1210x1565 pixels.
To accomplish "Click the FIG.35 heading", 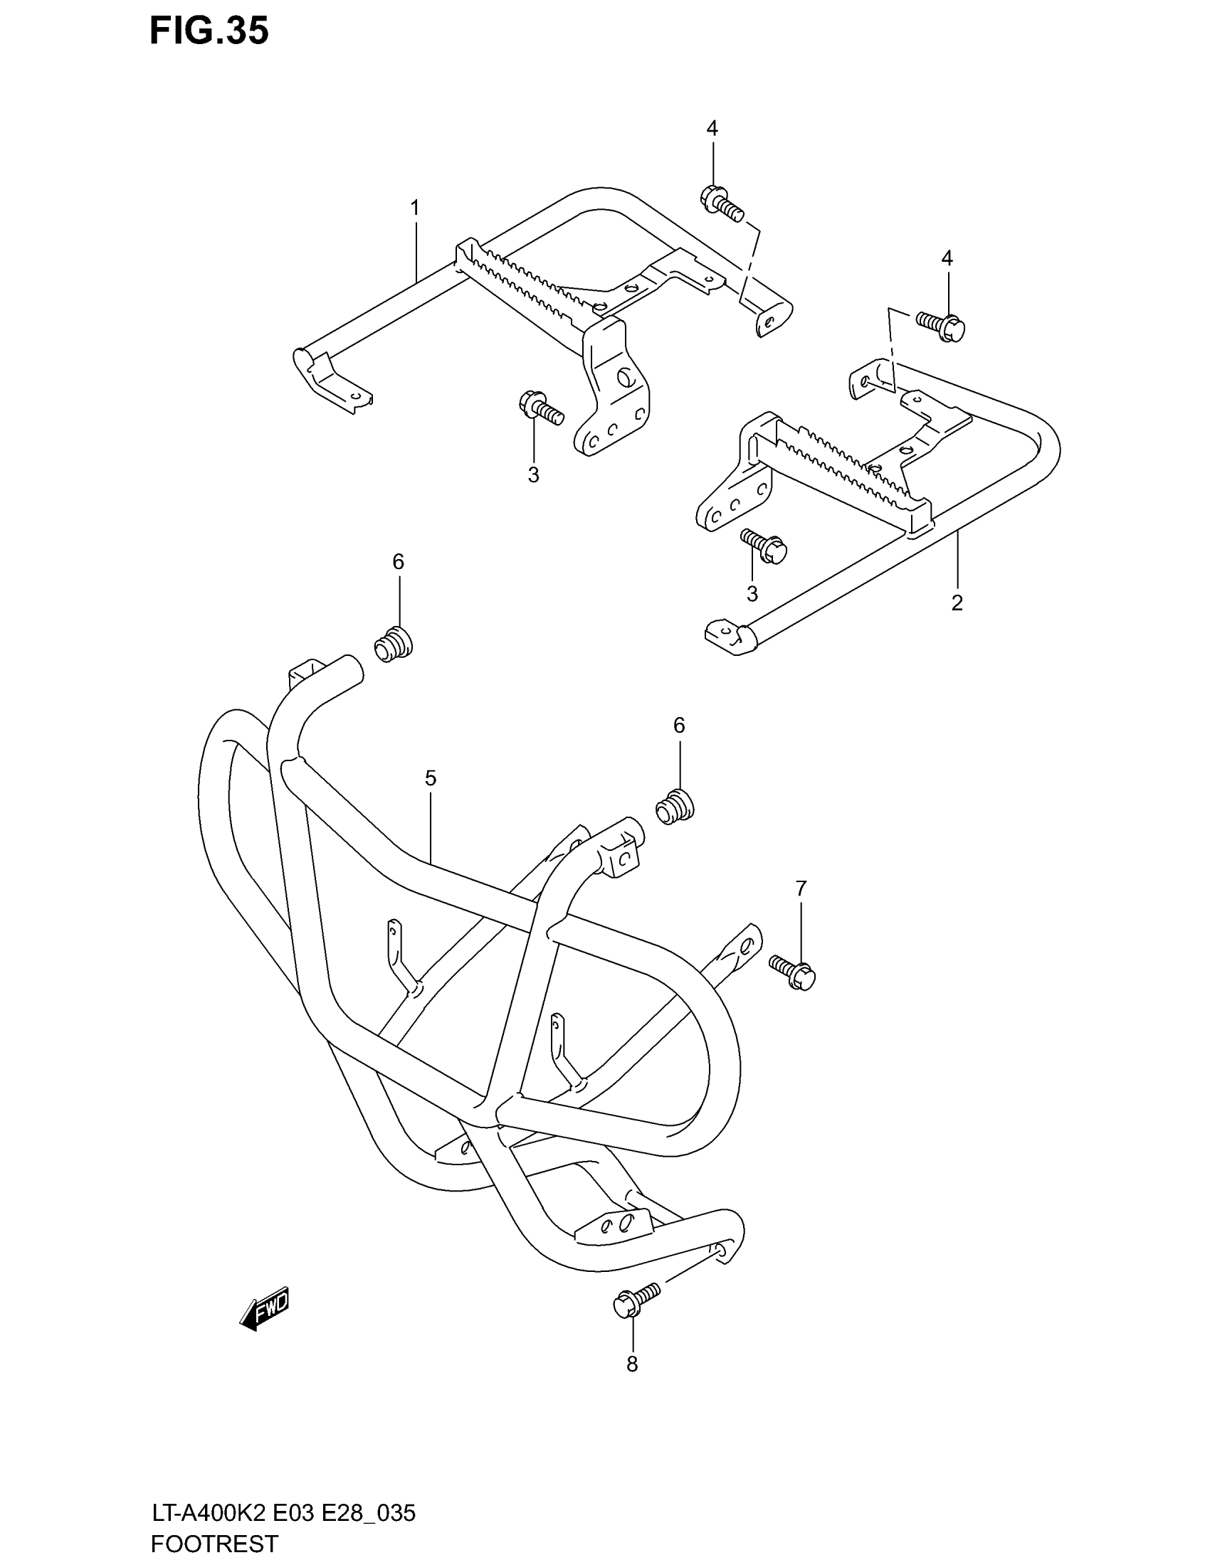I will pos(209,32).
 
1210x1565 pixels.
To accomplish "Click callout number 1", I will pos(415,208).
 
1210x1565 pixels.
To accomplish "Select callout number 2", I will pos(957,603).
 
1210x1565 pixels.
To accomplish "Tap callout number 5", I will pos(430,778).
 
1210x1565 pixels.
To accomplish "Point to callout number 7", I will pos(801,888).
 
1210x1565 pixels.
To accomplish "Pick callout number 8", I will pos(631,1364).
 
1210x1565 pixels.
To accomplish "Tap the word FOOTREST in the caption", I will pos(214,1544).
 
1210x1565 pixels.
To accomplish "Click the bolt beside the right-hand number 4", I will pos(941,327).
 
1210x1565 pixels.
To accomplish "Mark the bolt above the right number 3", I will pos(764,546).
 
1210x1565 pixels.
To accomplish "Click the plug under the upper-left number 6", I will pos(393,643).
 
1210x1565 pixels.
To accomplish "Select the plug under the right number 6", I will pos(675,806).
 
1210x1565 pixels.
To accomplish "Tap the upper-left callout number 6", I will pos(398,562).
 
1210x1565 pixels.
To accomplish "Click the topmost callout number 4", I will pos(712,129).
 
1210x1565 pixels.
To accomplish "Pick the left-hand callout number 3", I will pos(533,474).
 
